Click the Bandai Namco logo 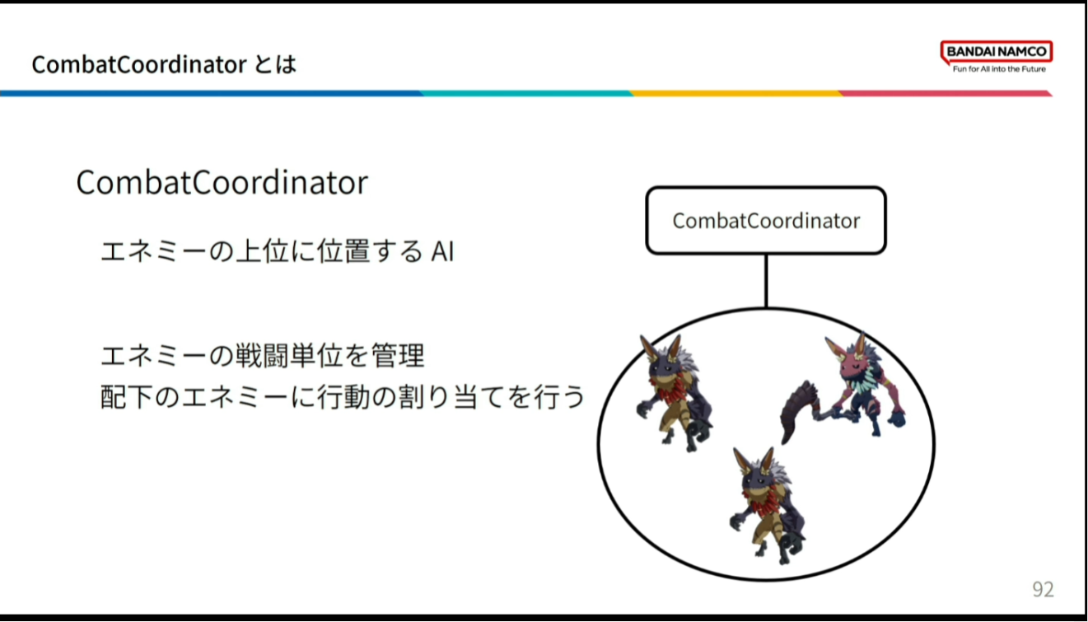point(997,57)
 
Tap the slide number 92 point(1043,589)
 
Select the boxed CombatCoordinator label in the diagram point(766,221)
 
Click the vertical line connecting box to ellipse point(766,281)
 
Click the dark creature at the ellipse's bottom point(768,505)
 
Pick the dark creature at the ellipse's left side point(675,393)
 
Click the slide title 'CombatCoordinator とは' point(164,64)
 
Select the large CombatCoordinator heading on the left point(222,183)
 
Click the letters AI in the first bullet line point(442,252)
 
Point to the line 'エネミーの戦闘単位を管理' point(262,355)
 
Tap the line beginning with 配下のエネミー point(343,396)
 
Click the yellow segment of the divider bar point(735,93)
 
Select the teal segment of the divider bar point(526,93)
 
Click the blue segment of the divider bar point(212,93)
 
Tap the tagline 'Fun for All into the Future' point(999,69)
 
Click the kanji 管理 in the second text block point(399,355)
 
